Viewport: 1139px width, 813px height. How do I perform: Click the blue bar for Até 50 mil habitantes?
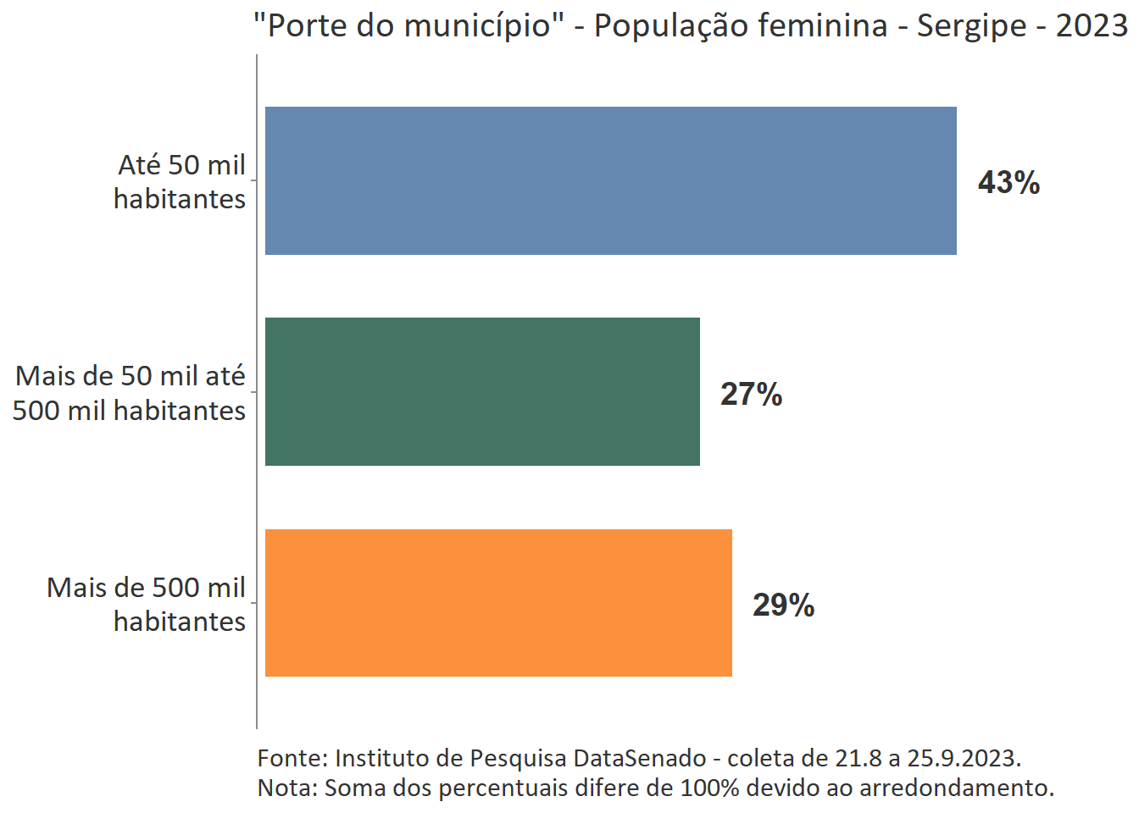[610, 180]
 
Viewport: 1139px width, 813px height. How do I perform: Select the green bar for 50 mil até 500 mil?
[482, 391]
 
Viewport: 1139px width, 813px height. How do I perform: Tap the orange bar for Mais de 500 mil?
[498, 603]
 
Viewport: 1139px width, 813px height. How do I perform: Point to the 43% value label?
[1008, 182]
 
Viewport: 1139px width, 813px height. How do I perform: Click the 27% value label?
[751, 394]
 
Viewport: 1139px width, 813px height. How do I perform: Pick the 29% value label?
[783, 605]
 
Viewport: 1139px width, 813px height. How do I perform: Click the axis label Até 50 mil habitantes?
[180, 181]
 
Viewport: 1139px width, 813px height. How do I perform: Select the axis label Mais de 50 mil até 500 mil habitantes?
[130, 393]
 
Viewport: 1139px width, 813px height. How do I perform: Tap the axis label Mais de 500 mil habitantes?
[146, 604]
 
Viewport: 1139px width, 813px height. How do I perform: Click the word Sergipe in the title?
[971, 26]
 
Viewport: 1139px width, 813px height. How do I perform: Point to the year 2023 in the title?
[1092, 26]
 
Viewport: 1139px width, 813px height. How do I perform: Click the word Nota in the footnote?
[285, 788]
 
